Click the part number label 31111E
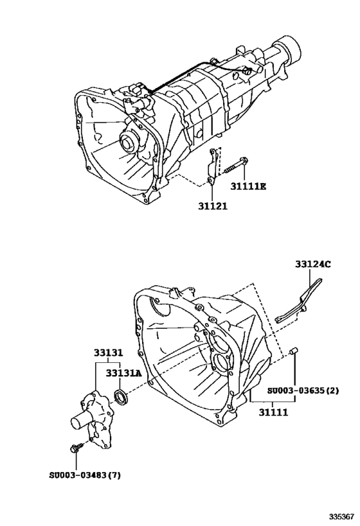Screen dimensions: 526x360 point(249,187)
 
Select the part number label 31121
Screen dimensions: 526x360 point(213,207)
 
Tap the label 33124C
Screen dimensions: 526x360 point(313,263)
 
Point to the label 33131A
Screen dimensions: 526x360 point(123,373)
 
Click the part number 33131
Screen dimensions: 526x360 point(110,354)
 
